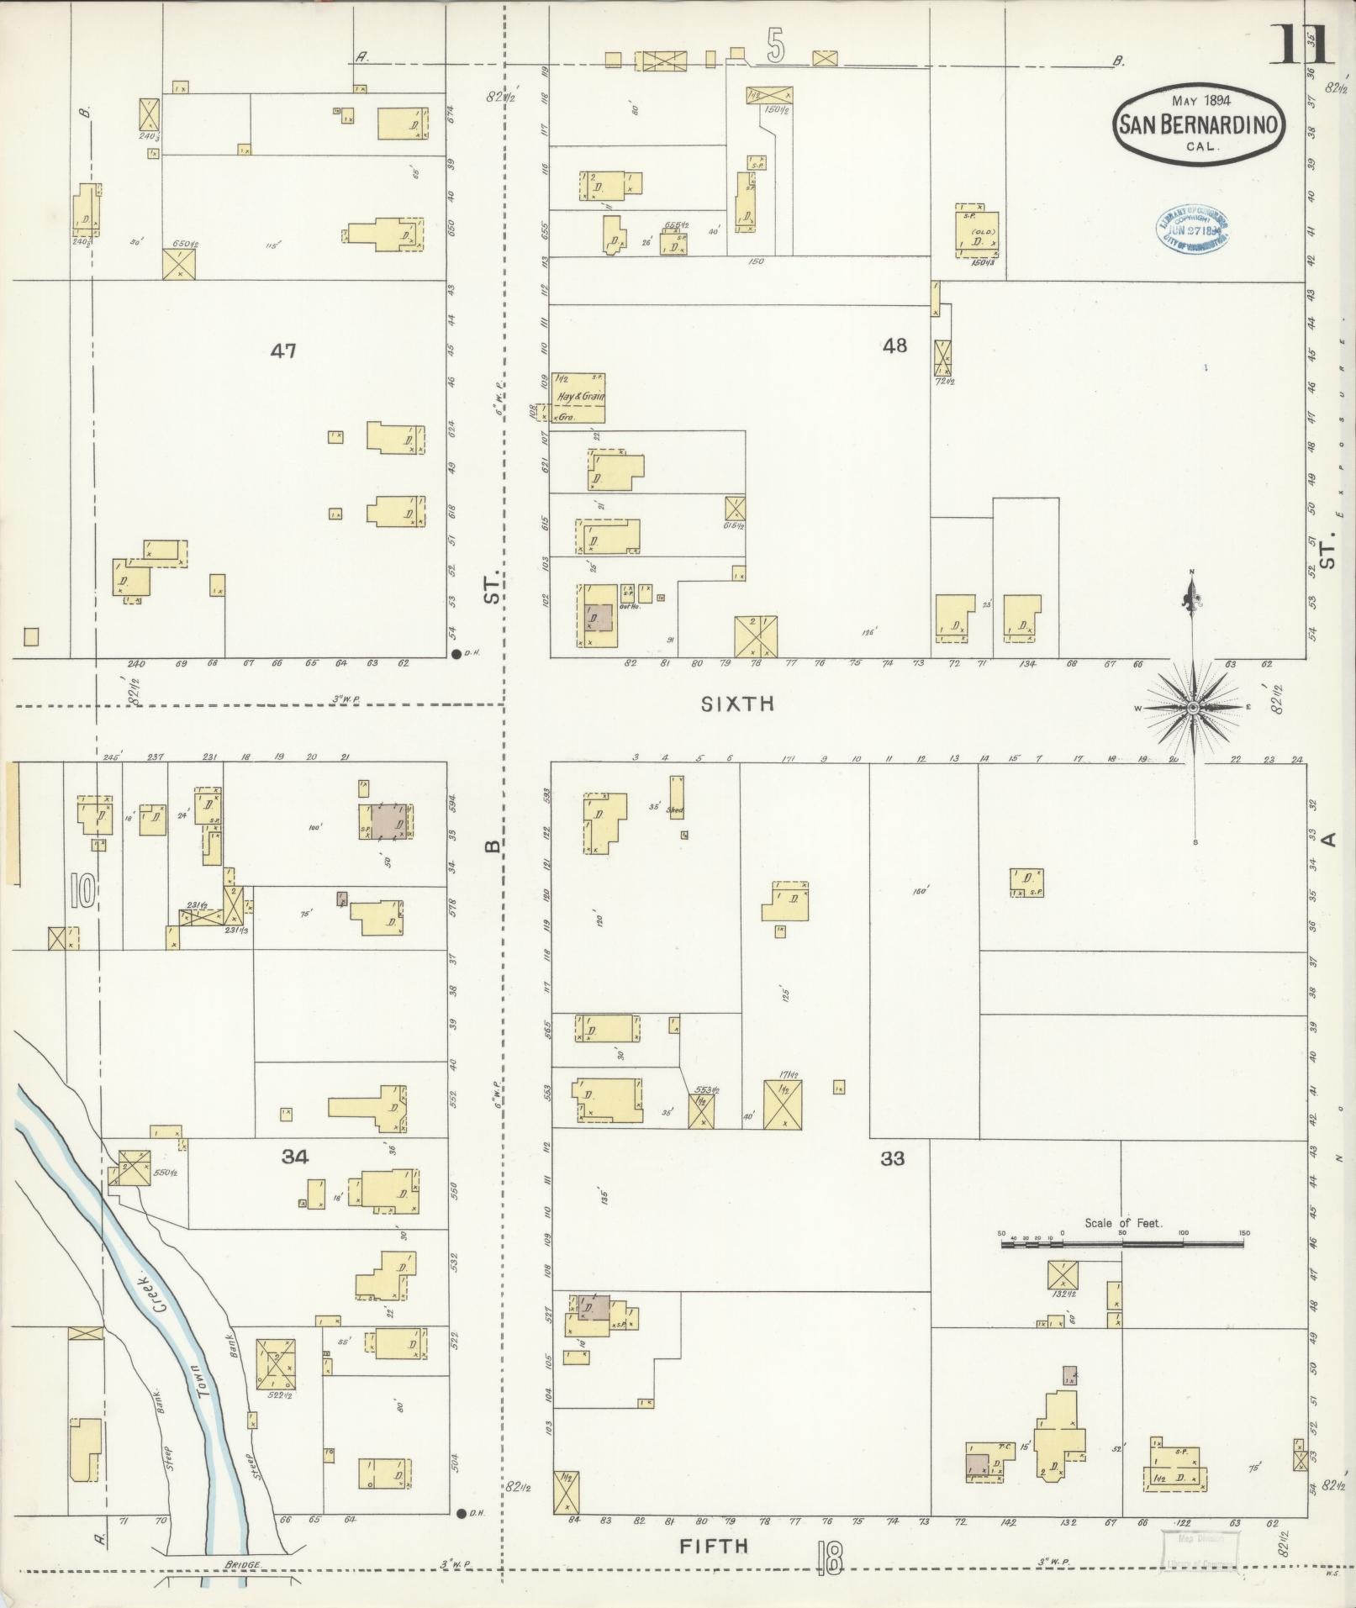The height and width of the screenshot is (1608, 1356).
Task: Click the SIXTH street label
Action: [x=736, y=704]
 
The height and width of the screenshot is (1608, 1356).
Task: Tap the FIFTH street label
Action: [x=714, y=1545]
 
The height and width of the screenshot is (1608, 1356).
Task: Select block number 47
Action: [x=283, y=351]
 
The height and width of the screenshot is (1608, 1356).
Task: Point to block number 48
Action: [x=894, y=345]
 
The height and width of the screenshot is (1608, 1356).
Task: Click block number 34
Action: [x=295, y=1157]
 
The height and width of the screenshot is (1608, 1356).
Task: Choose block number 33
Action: [x=892, y=1159]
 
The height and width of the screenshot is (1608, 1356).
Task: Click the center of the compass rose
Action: [x=1192, y=709]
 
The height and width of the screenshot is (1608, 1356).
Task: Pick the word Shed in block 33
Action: [x=675, y=811]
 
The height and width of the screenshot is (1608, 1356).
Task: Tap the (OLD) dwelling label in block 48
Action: [x=978, y=231]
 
